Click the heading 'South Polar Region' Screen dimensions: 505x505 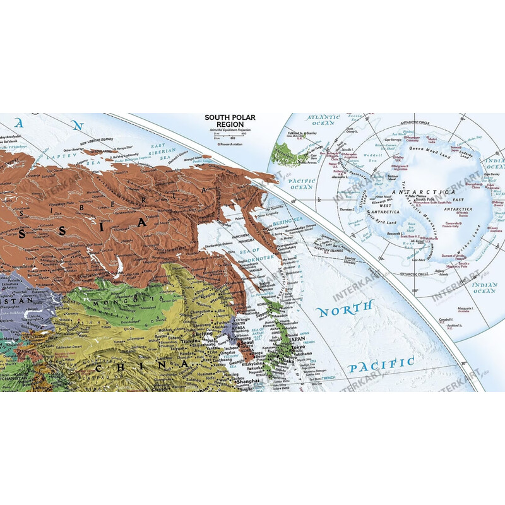(x=229, y=120)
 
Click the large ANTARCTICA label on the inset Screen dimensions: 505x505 (x=417, y=191)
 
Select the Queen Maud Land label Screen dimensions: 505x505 (x=429, y=149)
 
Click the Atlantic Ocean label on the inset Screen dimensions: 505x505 (x=322, y=120)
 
